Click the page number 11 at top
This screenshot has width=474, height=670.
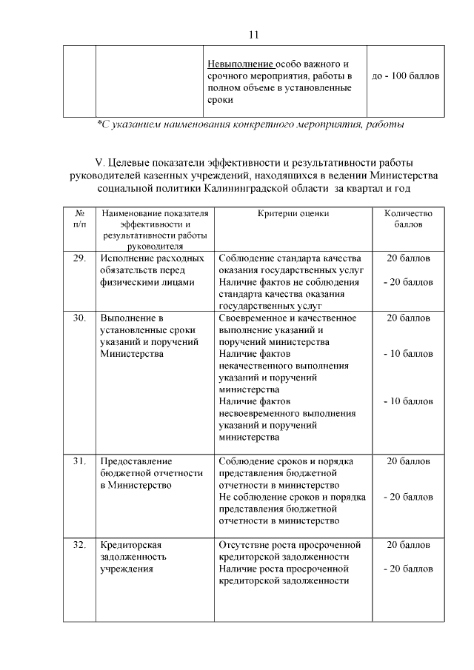click(x=254, y=35)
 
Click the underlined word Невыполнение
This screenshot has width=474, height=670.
click(x=241, y=64)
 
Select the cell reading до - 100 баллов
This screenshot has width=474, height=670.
click(x=405, y=76)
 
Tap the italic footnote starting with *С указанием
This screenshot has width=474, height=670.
click(x=250, y=124)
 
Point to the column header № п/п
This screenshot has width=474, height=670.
click(x=79, y=218)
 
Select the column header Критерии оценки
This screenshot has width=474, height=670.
click(x=293, y=213)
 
